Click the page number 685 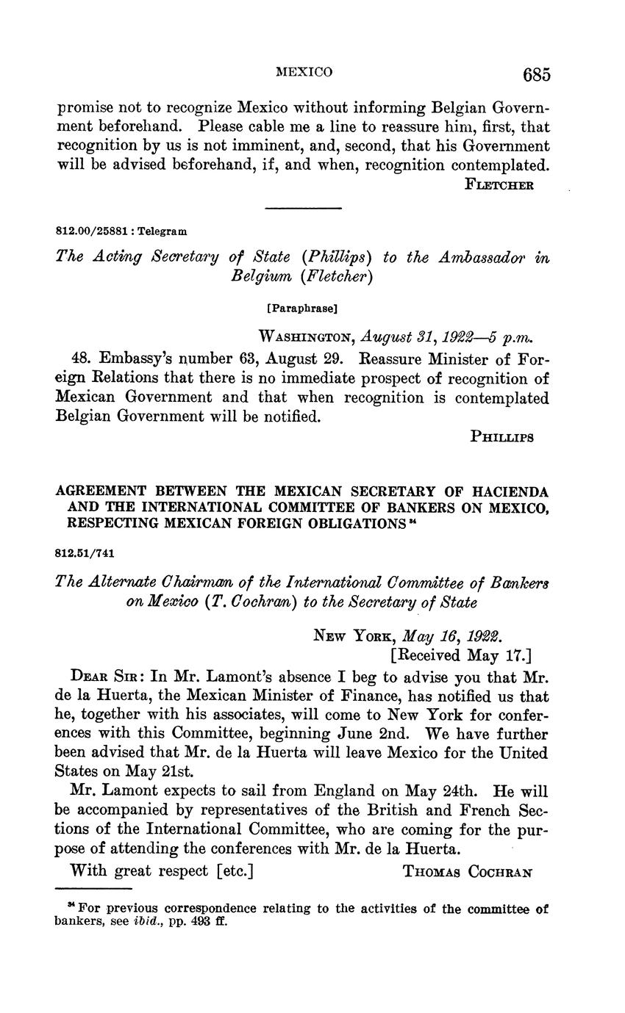[537, 74]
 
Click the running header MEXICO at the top [304, 72]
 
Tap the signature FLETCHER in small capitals [499, 184]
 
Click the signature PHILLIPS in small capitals [501, 436]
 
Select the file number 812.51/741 [84, 552]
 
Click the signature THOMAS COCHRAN [468, 872]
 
